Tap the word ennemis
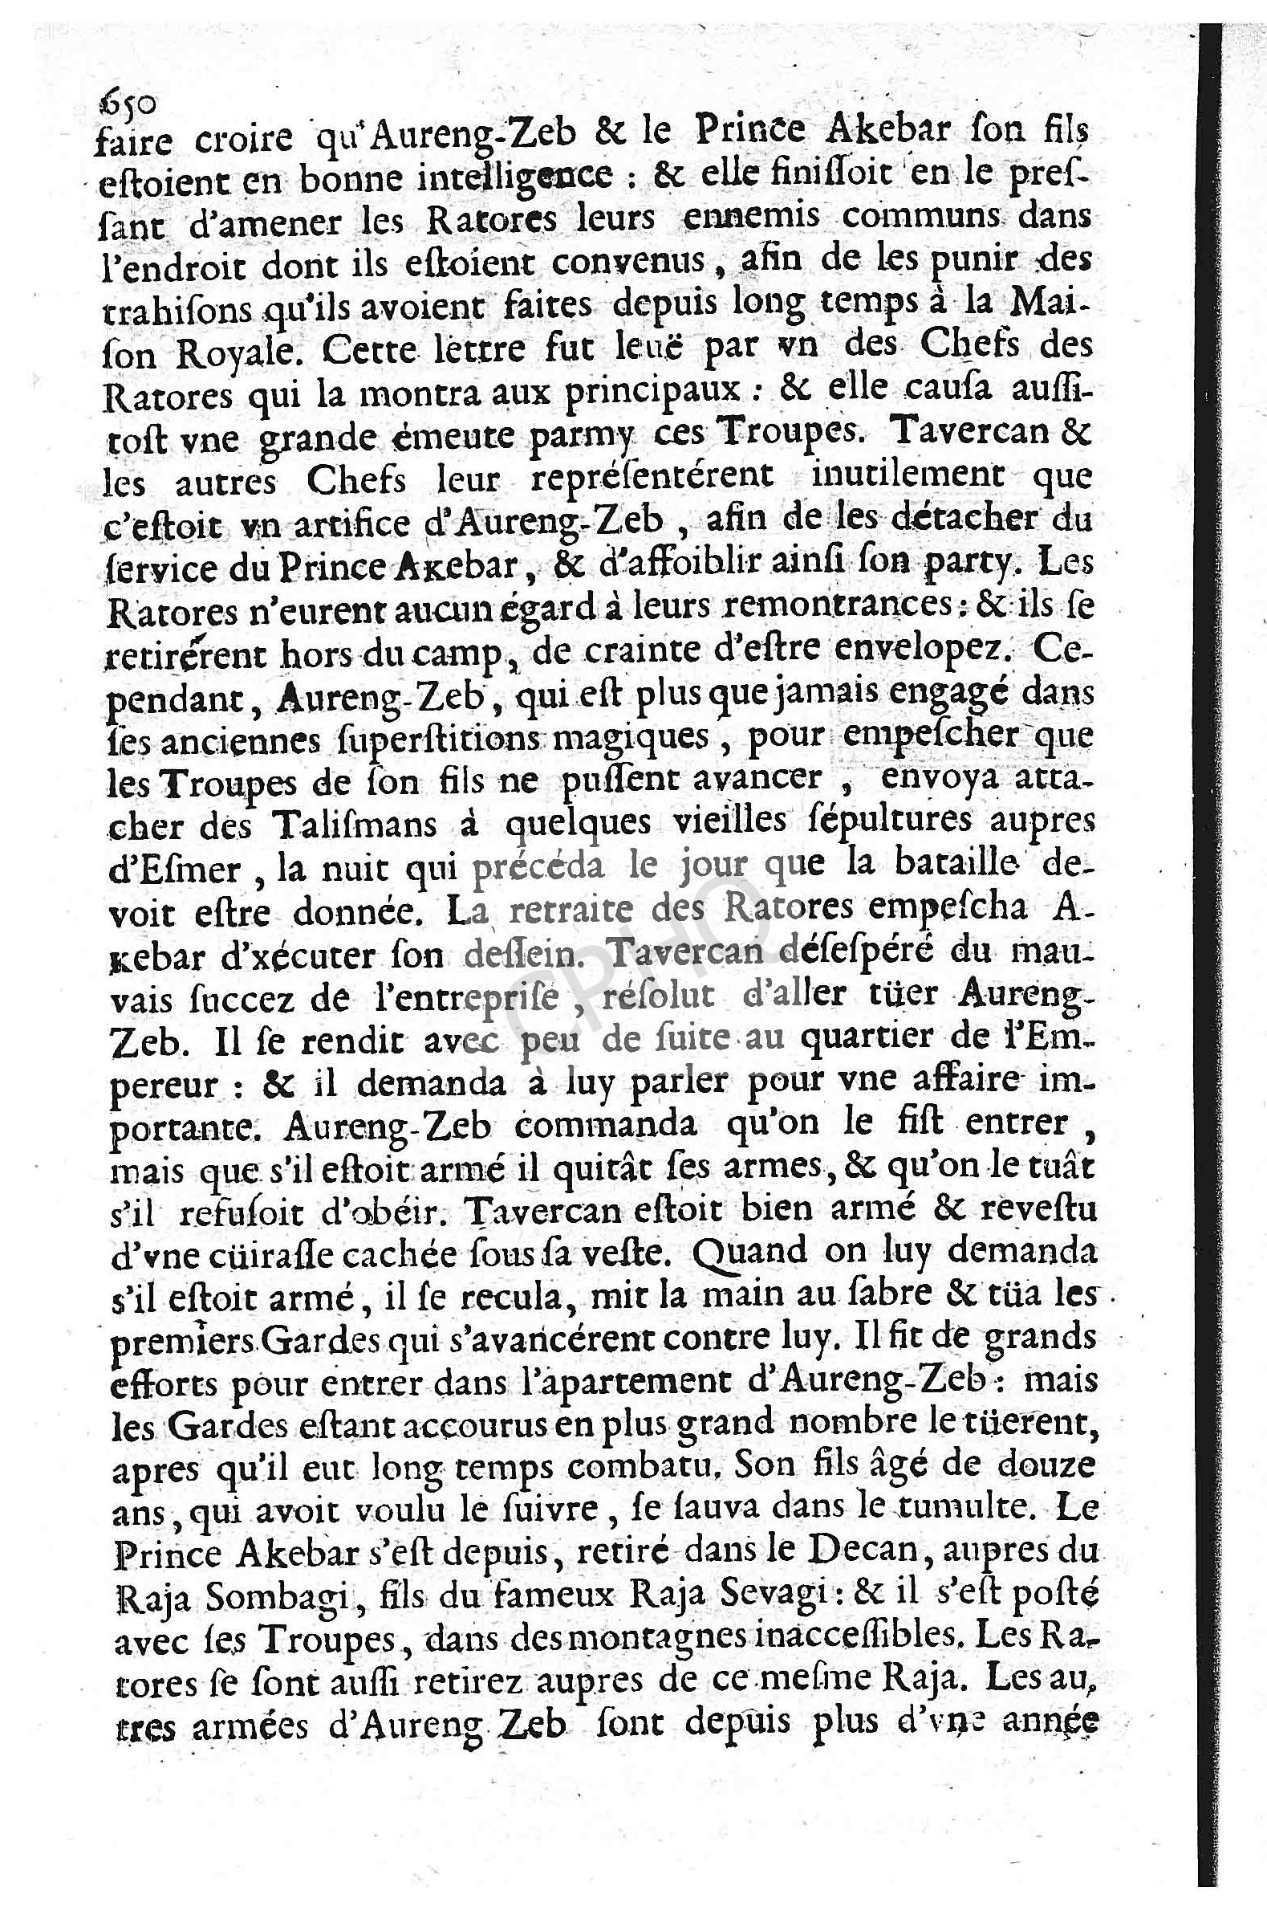pyautogui.click(x=741, y=219)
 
